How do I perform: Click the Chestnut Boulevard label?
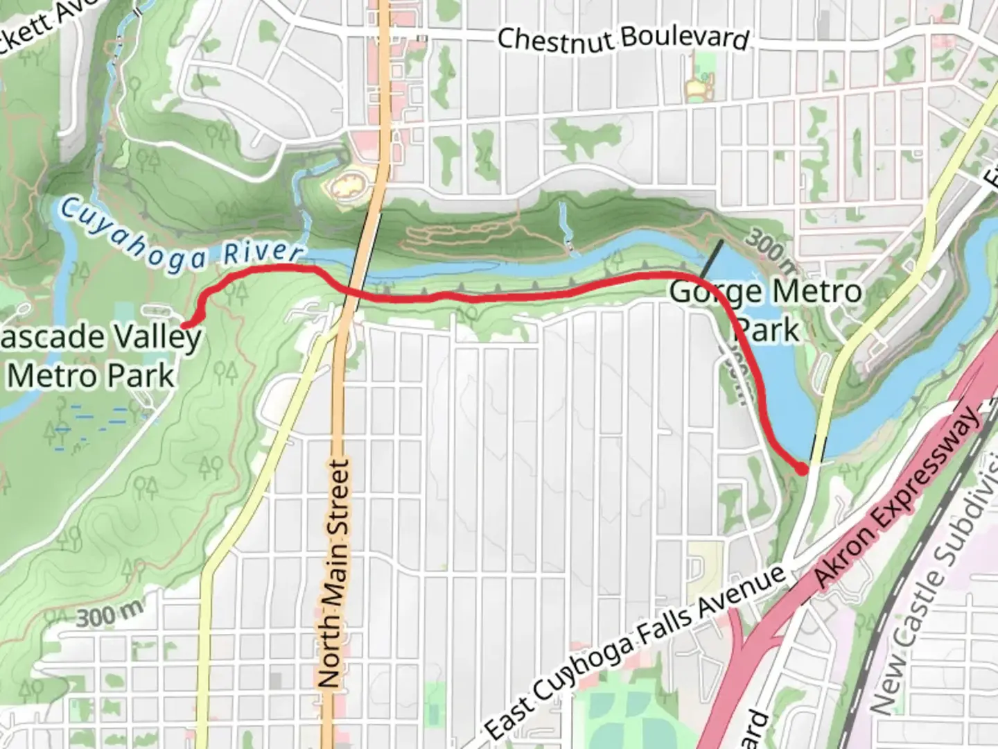click(x=623, y=38)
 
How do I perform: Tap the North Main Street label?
click(x=332, y=574)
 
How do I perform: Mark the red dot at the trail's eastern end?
click(x=802, y=470)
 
